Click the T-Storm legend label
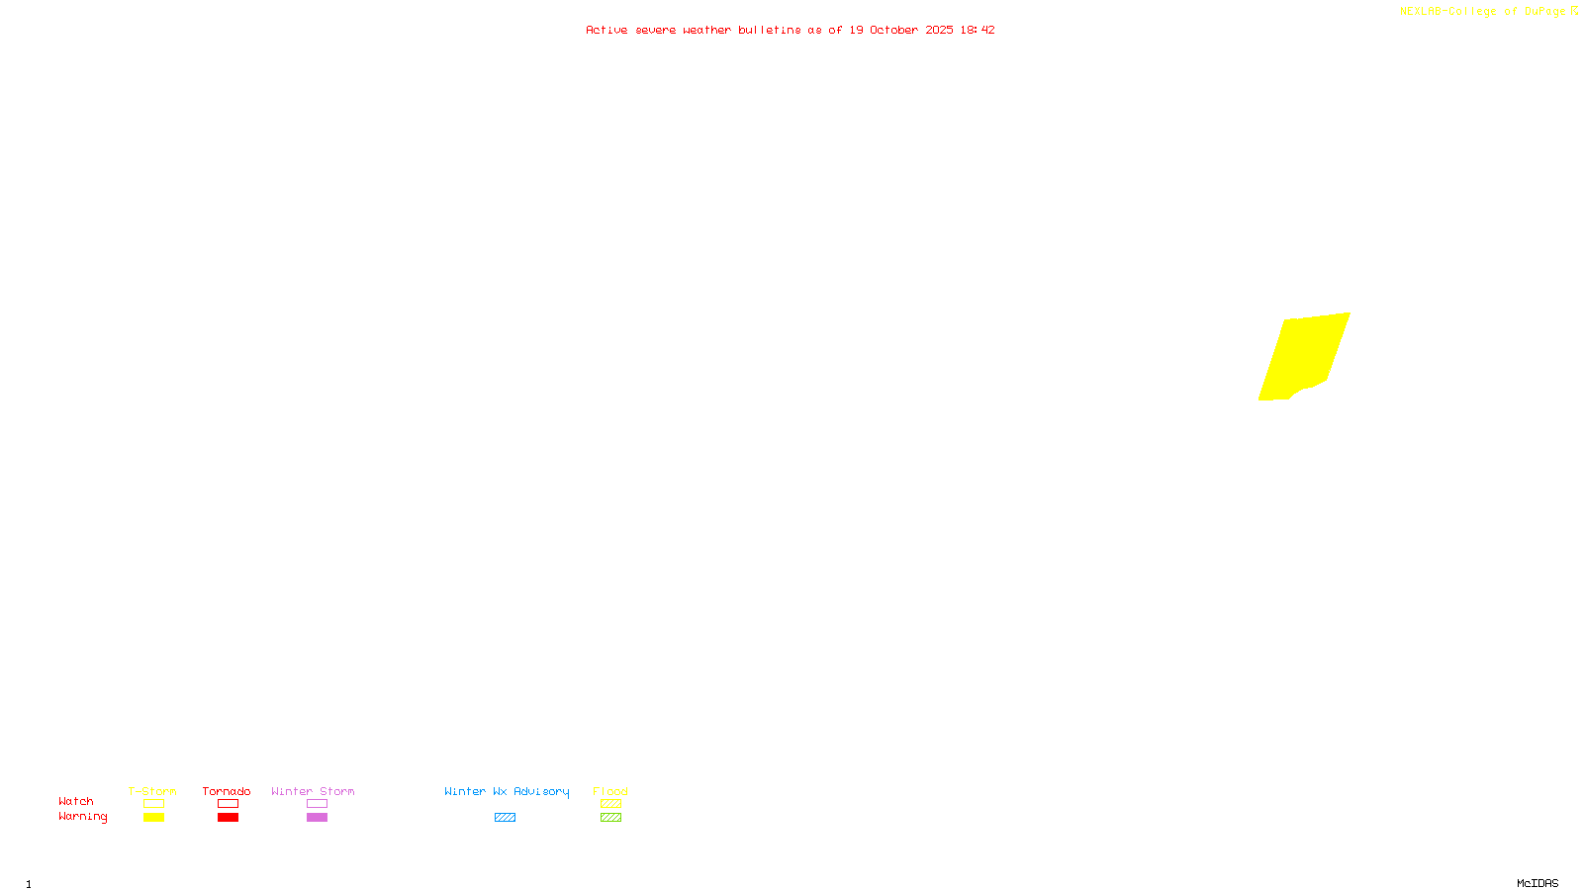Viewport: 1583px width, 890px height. click(x=152, y=791)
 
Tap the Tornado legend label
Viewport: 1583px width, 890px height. click(x=227, y=791)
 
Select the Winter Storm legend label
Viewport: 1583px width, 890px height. click(x=313, y=791)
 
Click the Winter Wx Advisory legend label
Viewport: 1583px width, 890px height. click(x=507, y=791)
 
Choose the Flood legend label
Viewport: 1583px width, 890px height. click(x=610, y=791)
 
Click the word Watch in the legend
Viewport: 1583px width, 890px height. click(x=76, y=801)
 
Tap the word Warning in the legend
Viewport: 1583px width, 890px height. click(x=82, y=817)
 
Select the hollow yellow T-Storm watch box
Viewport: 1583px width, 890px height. click(x=153, y=804)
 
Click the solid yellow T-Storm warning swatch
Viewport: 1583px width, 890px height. click(x=153, y=818)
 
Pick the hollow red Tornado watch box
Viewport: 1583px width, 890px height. click(x=228, y=804)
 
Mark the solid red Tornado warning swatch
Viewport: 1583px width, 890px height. click(x=228, y=818)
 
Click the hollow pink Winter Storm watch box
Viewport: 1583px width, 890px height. click(x=317, y=804)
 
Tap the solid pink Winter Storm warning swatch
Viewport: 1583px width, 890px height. click(x=317, y=818)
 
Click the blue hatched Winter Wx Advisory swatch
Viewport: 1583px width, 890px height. click(x=505, y=818)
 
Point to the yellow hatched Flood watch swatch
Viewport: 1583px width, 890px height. click(x=610, y=804)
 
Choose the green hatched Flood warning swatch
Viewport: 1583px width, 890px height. click(x=610, y=818)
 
